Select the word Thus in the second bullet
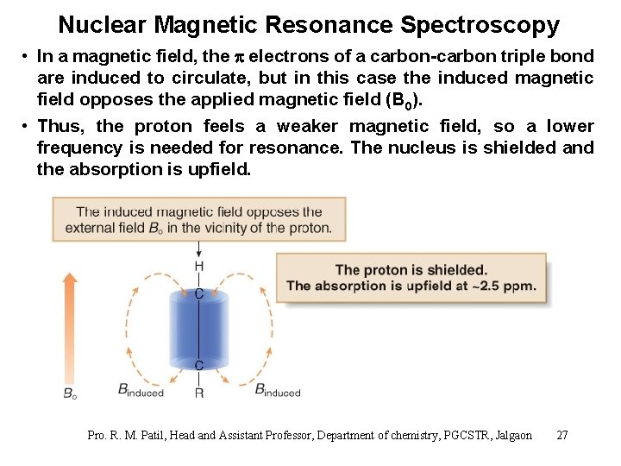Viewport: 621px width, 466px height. (x=61, y=126)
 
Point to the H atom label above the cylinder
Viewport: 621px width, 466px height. (x=199, y=266)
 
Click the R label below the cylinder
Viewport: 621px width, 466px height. (x=199, y=393)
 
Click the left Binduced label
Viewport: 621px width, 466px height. (x=141, y=390)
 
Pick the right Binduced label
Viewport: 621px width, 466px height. (x=278, y=390)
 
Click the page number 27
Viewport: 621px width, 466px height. (x=562, y=435)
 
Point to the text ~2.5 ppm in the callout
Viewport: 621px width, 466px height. (x=505, y=286)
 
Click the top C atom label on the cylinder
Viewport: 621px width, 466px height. (x=199, y=293)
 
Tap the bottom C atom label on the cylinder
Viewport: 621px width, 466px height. (x=199, y=365)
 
